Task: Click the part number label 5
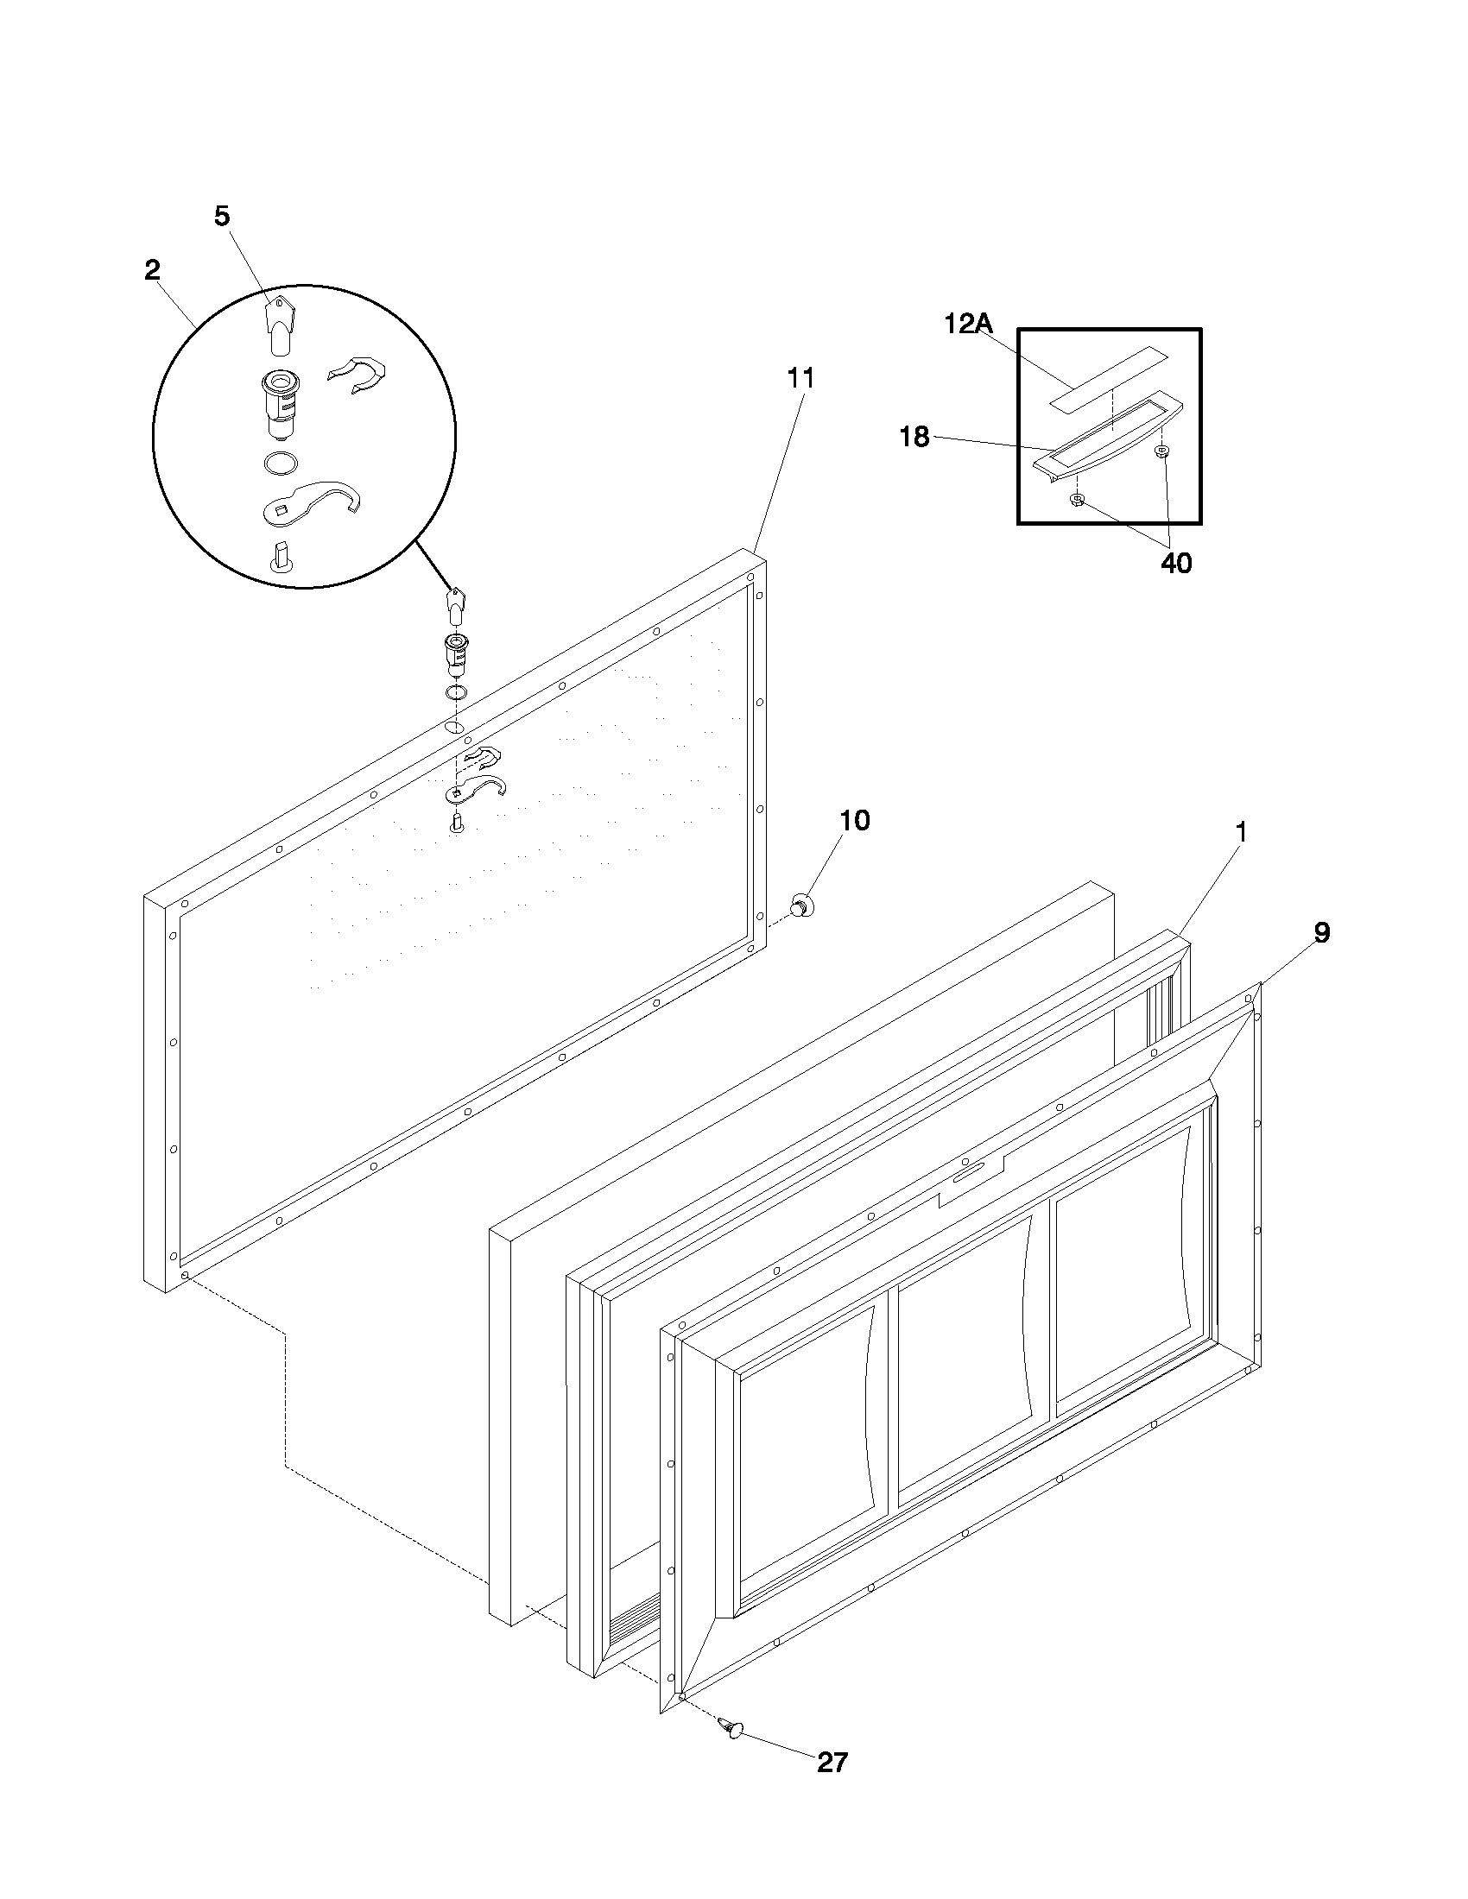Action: (x=223, y=216)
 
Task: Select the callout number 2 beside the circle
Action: (x=152, y=269)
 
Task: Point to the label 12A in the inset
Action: (x=968, y=324)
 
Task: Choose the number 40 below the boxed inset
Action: (x=1176, y=564)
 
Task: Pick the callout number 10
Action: (x=854, y=820)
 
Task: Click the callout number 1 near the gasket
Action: (x=1241, y=832)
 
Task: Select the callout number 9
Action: (x=1321, y=933)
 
